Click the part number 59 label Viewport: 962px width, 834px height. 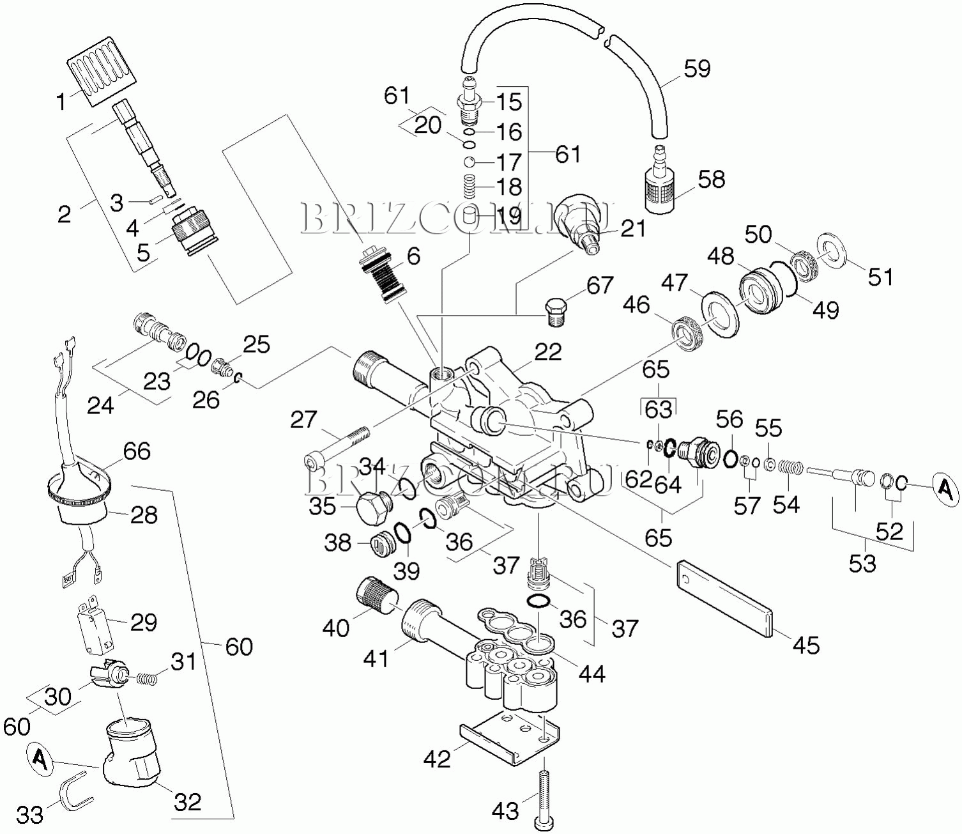(x=697, y=68)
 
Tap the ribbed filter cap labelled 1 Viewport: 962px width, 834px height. (x=102, y=70)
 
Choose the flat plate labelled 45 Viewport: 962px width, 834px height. (x=724, y=599)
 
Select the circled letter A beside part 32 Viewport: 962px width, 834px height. (x=40, y=759)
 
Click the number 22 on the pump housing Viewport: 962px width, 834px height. (x=548, y=352)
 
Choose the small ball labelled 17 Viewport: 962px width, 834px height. (x=470, y=162)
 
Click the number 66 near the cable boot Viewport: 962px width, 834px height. (x=136, y=452)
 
